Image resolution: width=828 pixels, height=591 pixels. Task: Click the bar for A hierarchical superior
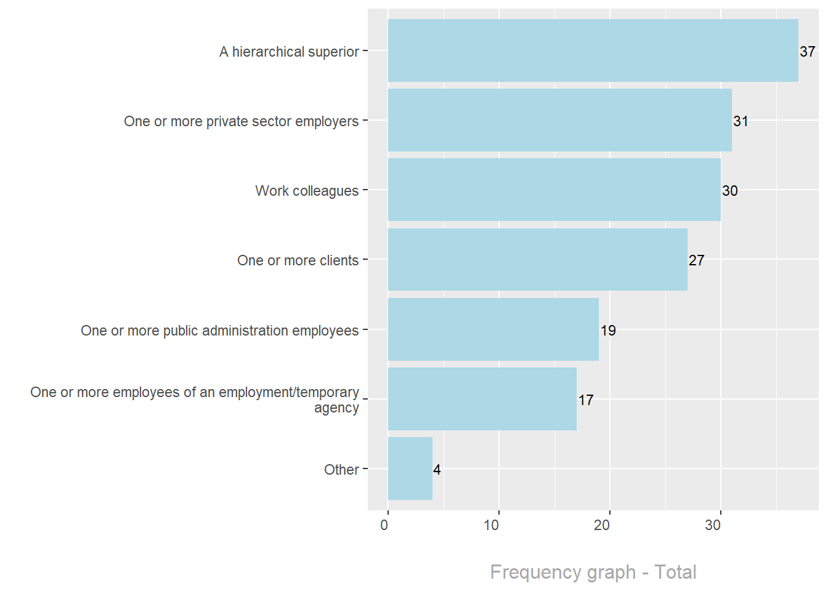593,50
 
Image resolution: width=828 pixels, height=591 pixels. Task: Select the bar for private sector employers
559,120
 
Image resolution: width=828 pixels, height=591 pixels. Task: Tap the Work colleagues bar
554,190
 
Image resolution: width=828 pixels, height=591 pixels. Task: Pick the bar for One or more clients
537,259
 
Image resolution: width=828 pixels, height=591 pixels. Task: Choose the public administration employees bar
493,329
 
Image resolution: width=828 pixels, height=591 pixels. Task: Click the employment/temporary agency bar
482,399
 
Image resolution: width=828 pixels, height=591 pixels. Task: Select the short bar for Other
410,468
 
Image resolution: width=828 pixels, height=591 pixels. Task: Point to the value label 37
807,52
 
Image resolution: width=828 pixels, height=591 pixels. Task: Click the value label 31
741,121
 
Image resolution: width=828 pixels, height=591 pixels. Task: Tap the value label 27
696,260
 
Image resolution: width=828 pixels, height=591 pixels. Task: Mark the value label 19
608,331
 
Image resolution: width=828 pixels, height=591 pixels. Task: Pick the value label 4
437,470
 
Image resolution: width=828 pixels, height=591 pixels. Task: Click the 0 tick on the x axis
384,525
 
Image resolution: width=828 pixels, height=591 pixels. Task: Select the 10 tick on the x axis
491,525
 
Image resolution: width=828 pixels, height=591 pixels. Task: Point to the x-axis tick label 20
602,525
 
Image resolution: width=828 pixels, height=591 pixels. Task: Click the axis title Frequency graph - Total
593,572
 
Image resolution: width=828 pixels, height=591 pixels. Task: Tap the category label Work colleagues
307,191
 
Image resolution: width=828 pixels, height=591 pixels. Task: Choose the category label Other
341,470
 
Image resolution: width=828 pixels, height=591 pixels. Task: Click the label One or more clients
298,260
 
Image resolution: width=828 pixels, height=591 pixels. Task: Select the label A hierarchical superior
289,52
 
